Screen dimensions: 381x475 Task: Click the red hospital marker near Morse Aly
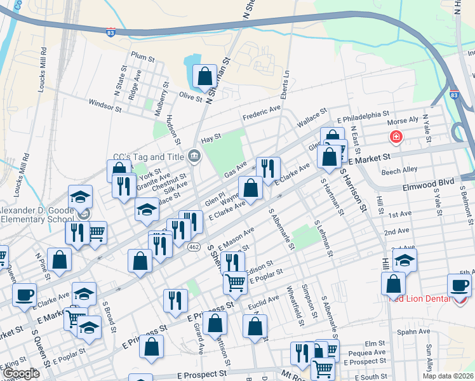[x=396, y=137]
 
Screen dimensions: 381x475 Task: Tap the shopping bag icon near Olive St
[x=205, y=77]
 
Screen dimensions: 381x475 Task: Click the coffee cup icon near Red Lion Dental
[x=459, y=285]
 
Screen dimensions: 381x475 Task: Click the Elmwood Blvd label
[x=429, y=182]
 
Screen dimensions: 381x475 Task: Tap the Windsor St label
[x=105, y=105]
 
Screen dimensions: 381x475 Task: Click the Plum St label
[x=138, y=55]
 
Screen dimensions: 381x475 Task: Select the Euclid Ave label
[x=264, y=299]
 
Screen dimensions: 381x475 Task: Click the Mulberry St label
[x=157, y=96]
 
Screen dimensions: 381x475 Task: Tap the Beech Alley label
[x=399, y=170]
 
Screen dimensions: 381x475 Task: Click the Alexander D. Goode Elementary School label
[x=37, y=215]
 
